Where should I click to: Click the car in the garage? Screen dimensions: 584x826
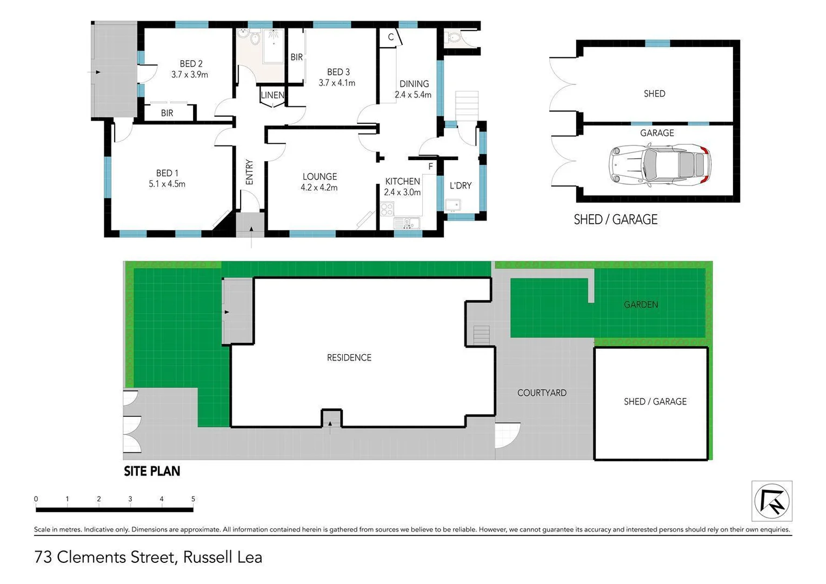(x=660, y=165)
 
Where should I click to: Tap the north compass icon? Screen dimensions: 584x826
(x=772, y=501)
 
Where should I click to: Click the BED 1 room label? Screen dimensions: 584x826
(x=167, y=173)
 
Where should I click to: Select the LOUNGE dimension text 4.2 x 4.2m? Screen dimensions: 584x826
(x=319, y=188)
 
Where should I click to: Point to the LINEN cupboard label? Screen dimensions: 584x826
(x=272, y=95)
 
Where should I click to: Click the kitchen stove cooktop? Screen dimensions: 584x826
(x=387, y=209)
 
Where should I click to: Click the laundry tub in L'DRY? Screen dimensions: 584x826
(x=452, y=205)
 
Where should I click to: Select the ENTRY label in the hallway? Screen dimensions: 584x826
(x=249, y=172)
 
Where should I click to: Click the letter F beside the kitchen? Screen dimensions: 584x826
(x=430, y=167)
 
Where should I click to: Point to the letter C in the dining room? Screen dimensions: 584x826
(x=390, y=37)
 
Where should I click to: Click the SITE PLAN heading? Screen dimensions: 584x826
(x=152, y=471)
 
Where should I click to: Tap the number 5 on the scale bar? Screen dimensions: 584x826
(x=193, y=499)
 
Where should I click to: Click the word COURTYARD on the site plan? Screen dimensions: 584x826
(x=542, y=393)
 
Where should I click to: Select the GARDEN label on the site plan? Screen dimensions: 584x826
(x=641, y=304)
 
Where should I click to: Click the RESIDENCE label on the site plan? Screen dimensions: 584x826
(x=349, y=357)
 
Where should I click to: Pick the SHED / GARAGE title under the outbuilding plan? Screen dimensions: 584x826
(x=615, y=220)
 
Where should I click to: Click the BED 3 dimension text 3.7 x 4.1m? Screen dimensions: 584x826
(x=337, y=83)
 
